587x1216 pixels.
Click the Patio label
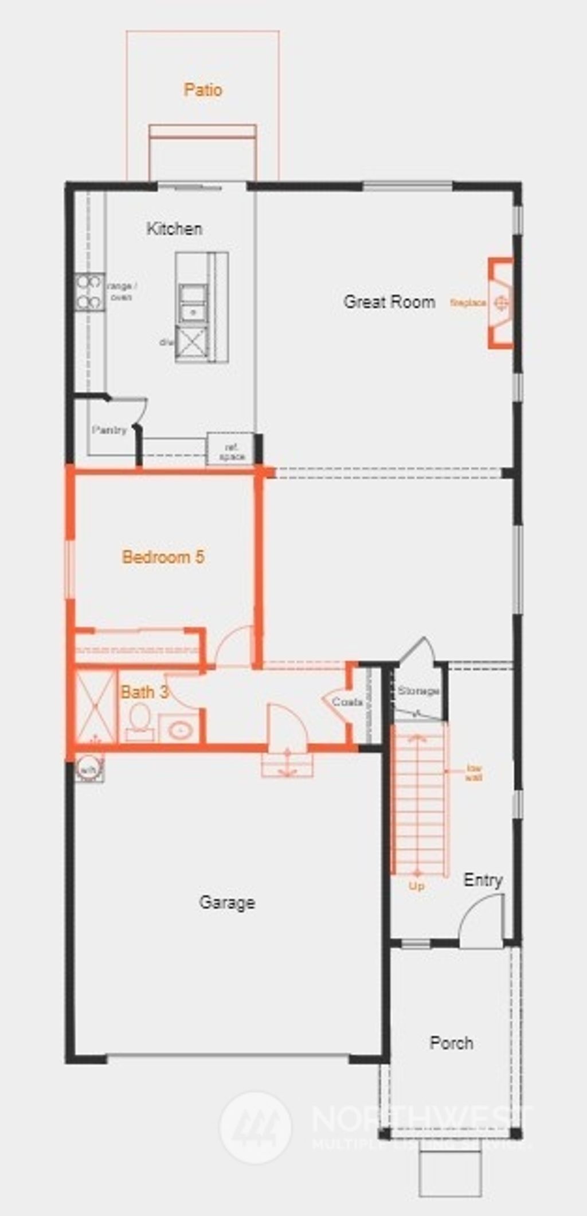pos(203,90)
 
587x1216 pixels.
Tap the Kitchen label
pos(174,229)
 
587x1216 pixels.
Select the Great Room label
pos(389,302)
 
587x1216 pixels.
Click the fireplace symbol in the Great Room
pos(502,303)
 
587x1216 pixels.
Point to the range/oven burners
pos(89,292)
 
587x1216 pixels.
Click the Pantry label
pos(109,430)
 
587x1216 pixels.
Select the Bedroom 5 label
pos(163,557)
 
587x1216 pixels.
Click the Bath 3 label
pos(144,692)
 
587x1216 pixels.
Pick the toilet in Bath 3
pos(139,720)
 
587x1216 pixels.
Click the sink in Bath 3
pos(180,729)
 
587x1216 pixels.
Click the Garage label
pos(227,902)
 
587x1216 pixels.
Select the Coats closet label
pos(347,702)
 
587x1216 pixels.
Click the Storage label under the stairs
pos(418,691)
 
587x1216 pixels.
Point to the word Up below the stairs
pos(417,886)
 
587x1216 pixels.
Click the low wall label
pos(473,773)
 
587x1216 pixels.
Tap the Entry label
pos(483,880)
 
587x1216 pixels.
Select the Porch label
pos(452,1042)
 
